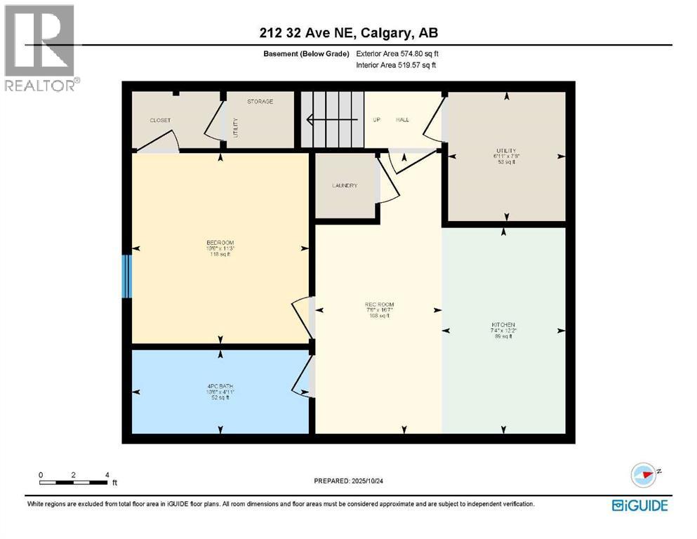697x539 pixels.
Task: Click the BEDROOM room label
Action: pos(220,243)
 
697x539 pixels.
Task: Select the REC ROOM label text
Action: pos(378,304)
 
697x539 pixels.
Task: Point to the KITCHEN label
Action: pos(503,324)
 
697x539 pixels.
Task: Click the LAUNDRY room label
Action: pos(345,185)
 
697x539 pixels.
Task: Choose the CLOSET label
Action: pos(160,120)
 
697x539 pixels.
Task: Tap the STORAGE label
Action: pos(260,102)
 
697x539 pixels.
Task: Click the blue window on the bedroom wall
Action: pos(127,276)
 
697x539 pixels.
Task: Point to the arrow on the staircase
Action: pos(330,119)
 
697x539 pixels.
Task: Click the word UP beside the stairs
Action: pos(376,120)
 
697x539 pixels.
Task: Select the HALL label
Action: pos(402,120)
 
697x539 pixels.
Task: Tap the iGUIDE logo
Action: pos(639,505)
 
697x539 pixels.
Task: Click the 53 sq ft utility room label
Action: pos(505,161)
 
